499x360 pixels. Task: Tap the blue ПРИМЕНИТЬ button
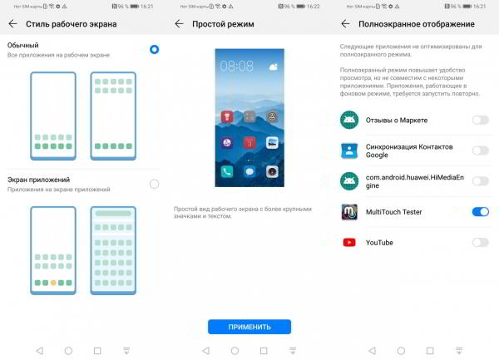pyautogui.click(x=249, y=327)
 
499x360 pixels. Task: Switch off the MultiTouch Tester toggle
pyautogui.click(x=480, y=212)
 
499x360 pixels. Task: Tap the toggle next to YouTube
pyautogui.click(x=480, y=242)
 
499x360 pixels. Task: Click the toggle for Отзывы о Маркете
pyautogui.click(x=480, y=120)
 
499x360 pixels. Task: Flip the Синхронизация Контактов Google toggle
pyautogui.click(x=480, y=150)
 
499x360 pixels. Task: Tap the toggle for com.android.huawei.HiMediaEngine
pyautogui.click(x=480, y=181)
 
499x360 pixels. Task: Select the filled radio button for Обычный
pyautogui.click(x=154, y=49)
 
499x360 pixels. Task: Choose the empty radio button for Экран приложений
pyautogui.click(x=154, y=184)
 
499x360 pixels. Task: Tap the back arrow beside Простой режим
pyautogui.click(x=179, y=23)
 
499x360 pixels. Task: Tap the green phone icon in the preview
pyautogui.click(x=227, y=171)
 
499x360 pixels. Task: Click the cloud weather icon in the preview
pyautogui.click(x=273, y=64)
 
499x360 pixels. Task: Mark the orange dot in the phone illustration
pyautogui.click(x=54, y=284)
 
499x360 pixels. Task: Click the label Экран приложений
pyautogui.click(x=38, y=180)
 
